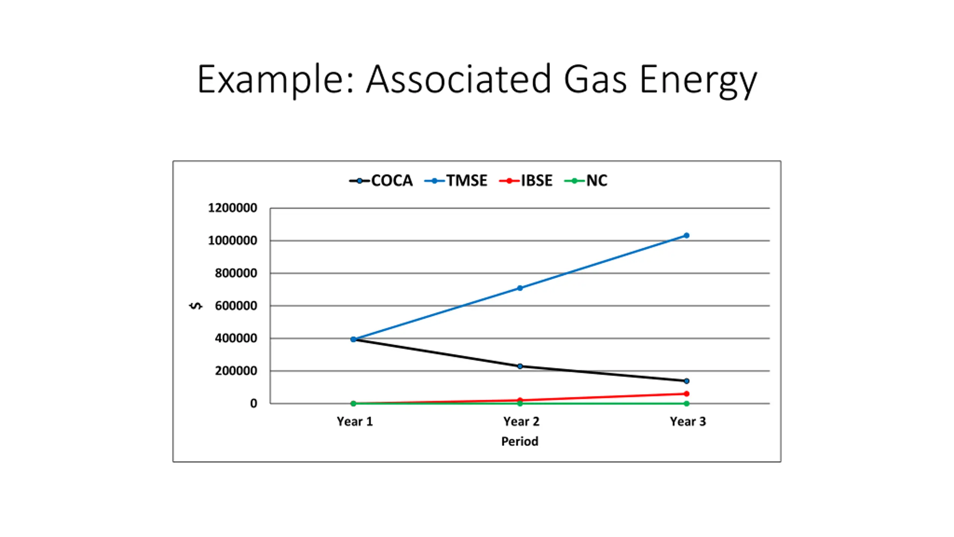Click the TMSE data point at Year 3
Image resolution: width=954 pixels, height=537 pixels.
(686, 235)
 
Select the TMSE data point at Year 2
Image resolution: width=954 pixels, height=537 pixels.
(520, 288)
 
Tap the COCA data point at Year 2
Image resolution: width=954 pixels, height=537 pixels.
(520, 366)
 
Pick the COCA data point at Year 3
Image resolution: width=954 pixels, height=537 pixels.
(686, 381)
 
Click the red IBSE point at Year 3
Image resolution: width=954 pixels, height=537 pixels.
(686, 393)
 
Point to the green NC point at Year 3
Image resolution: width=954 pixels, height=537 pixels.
(686, 403)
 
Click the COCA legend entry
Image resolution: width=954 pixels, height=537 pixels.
(381, 181)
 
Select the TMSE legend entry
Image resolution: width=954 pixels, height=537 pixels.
(456, 181)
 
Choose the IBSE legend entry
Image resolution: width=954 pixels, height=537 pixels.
(526, 181)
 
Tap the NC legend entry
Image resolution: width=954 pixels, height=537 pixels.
(586, 181)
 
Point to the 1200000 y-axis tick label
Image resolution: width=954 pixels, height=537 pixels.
(233, 208)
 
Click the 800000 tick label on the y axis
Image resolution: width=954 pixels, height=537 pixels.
(236, 273)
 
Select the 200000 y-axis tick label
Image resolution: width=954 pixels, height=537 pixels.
(236, 371)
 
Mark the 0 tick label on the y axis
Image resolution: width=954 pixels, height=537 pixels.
(253, 403)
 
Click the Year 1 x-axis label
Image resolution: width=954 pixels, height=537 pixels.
(354, 421)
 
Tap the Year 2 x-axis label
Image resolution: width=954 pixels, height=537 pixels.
(521, 421)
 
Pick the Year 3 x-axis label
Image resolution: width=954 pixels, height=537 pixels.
(688, 421)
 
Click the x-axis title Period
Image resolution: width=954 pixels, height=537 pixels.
(519, 442)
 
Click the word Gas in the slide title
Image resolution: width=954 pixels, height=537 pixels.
(595, 79)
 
